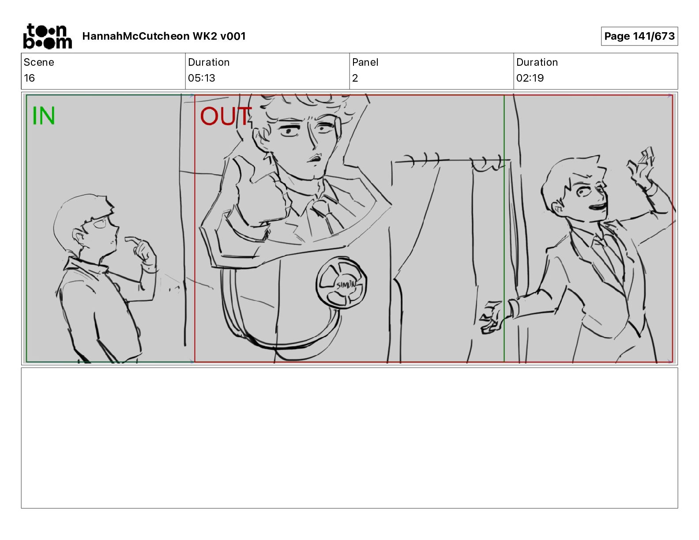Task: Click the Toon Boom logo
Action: (x=48, y=36)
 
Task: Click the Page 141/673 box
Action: (x=639, y=36)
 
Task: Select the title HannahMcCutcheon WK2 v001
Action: (x=164, y=36)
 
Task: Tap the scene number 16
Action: (x=29, y=78)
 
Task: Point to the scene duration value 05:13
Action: (x=201, y=78)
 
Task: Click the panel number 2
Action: (x=355, y=78)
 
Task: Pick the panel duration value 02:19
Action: (x=530, y=78)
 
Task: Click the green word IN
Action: (x=44, y=116)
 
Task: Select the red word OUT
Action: (x=225, y=116)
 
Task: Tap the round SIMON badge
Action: (x=341, y=283)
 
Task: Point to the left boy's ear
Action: (x=78, y=237)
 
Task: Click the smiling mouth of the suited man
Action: (x=598, y=206)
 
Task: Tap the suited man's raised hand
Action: (x=640, y=167)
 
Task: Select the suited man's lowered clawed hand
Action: (x=491, y=317)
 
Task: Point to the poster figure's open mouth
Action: (x=315, y=158)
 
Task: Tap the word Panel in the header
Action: (x=365, y=62)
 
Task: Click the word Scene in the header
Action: (x=39, y=62)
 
